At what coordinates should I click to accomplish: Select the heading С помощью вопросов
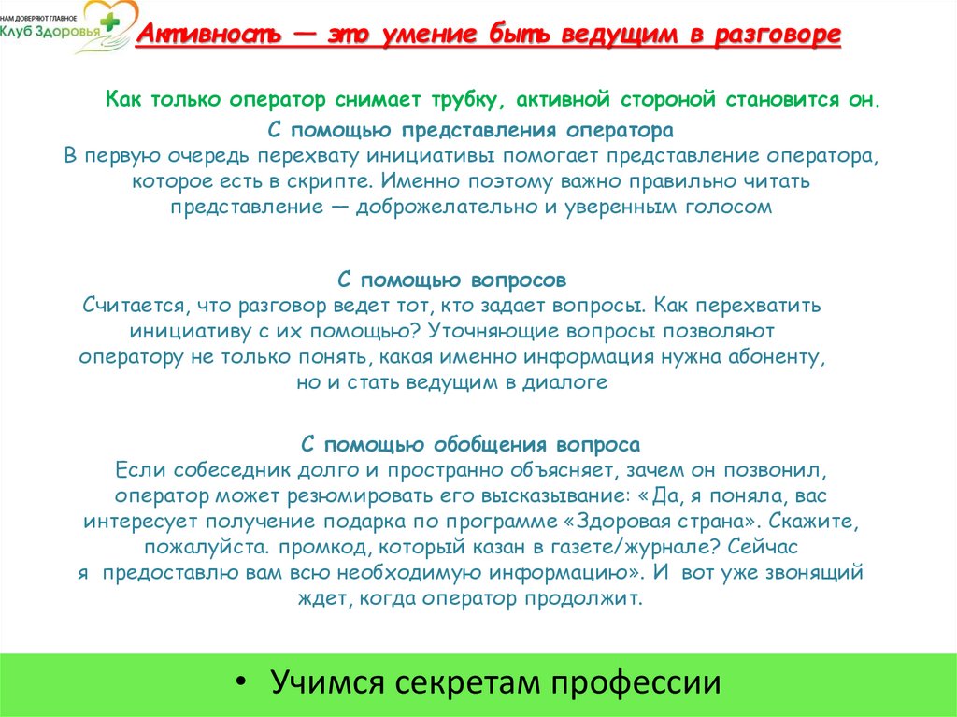pos(450,280)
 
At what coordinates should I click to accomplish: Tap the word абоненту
pos(779,356)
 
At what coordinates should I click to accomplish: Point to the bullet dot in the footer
pos(243,681)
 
